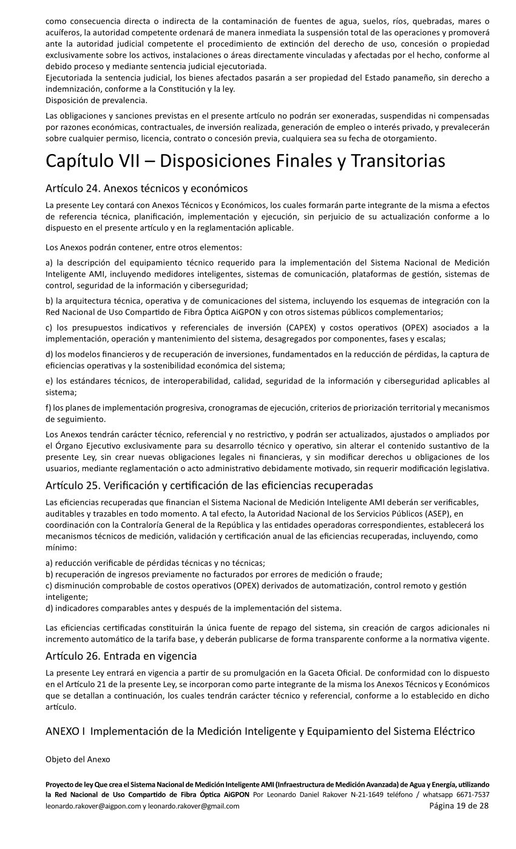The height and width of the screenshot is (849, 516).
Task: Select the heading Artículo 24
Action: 146,188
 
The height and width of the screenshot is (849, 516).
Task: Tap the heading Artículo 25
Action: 209,485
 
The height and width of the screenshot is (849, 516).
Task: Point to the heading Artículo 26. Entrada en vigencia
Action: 121,656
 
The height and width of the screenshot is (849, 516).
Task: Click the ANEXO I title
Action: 260,731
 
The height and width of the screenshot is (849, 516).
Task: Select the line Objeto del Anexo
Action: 77,759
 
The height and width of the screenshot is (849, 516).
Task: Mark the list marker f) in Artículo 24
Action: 49,408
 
